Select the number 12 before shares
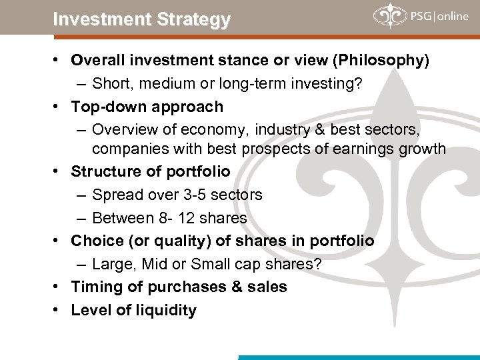195,218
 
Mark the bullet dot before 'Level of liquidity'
60,310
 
